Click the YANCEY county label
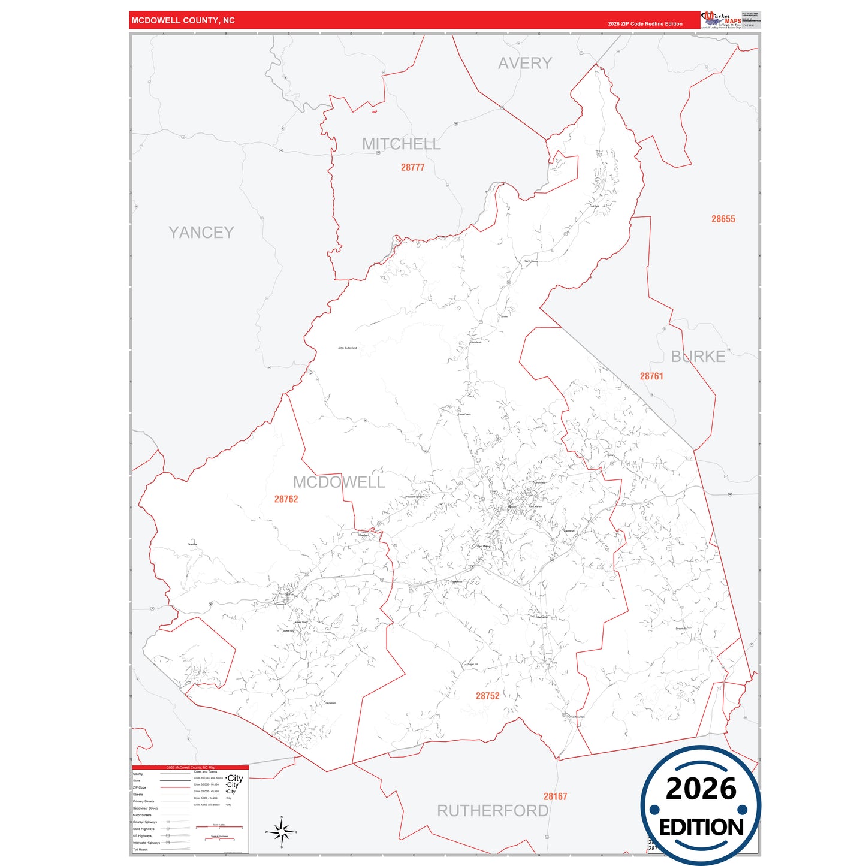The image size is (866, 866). coord(201,233)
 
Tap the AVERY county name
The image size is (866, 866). coord(524,63)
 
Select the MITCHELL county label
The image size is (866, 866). coord(401,144)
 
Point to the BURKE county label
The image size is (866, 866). coord(698,357)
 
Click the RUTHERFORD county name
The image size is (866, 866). coord(493,811)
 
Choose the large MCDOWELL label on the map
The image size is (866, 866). coord(339,482)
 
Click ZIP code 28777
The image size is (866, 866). coord(412,168)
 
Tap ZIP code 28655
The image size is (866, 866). coord(723,219)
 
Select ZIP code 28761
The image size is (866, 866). coord(651,376)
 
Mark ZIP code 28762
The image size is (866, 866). coord(286,499)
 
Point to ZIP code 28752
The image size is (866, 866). coord(487,696)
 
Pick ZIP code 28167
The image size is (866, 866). coord(555,796)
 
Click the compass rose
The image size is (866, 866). coord(282,832)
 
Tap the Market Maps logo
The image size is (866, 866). coord(722,20)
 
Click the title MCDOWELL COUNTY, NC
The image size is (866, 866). coord(183,20)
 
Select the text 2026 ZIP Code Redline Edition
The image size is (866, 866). coord(645,24)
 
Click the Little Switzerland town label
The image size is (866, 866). coord(348,348)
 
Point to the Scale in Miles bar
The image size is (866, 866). coord(219,827)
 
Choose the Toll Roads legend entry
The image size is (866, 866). coord(140,849)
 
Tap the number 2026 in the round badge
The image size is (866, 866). coord(701,789)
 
